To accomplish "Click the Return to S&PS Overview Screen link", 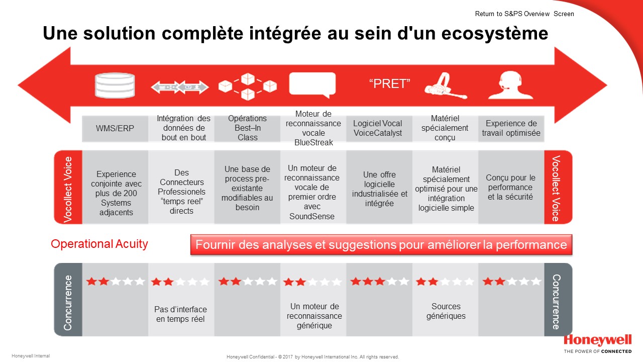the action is (x=524, y=14).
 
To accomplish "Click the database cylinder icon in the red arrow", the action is (x=115, y=85).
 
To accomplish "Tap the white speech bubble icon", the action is (x=312, y=85).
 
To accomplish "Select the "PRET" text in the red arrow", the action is (x=389, y=83).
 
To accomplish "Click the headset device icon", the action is (x=446, y=85).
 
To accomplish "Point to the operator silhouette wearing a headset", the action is (x=511, y=85).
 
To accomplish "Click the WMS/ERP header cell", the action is (x=115, y=128).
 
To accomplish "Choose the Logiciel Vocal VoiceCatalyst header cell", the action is (x=379, y=128).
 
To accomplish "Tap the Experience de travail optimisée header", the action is (x=511, y=128).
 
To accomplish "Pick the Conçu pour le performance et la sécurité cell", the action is (x=511, y=187).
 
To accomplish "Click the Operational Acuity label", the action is (x=99, y=244).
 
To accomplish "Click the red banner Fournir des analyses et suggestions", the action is (x=381, y=245).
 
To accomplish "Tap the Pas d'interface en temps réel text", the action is (x=180, y=314).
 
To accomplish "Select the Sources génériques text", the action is (x=446, y=311).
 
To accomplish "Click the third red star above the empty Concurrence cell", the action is (x=380, y=281).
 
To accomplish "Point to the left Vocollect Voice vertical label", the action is (x=68, y=190).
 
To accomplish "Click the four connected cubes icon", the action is (x=248, y=86).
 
